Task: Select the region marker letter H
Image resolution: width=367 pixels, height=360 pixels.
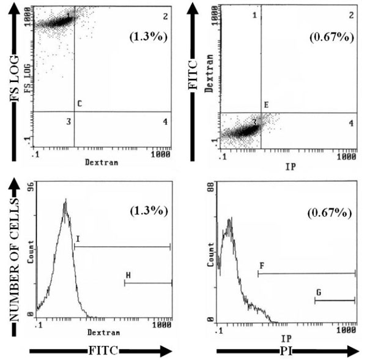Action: [x=128, y=275]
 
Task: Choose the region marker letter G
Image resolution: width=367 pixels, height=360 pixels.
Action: [x=318, y=293]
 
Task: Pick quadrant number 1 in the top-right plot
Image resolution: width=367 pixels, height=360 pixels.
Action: [x=255, y=15]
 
